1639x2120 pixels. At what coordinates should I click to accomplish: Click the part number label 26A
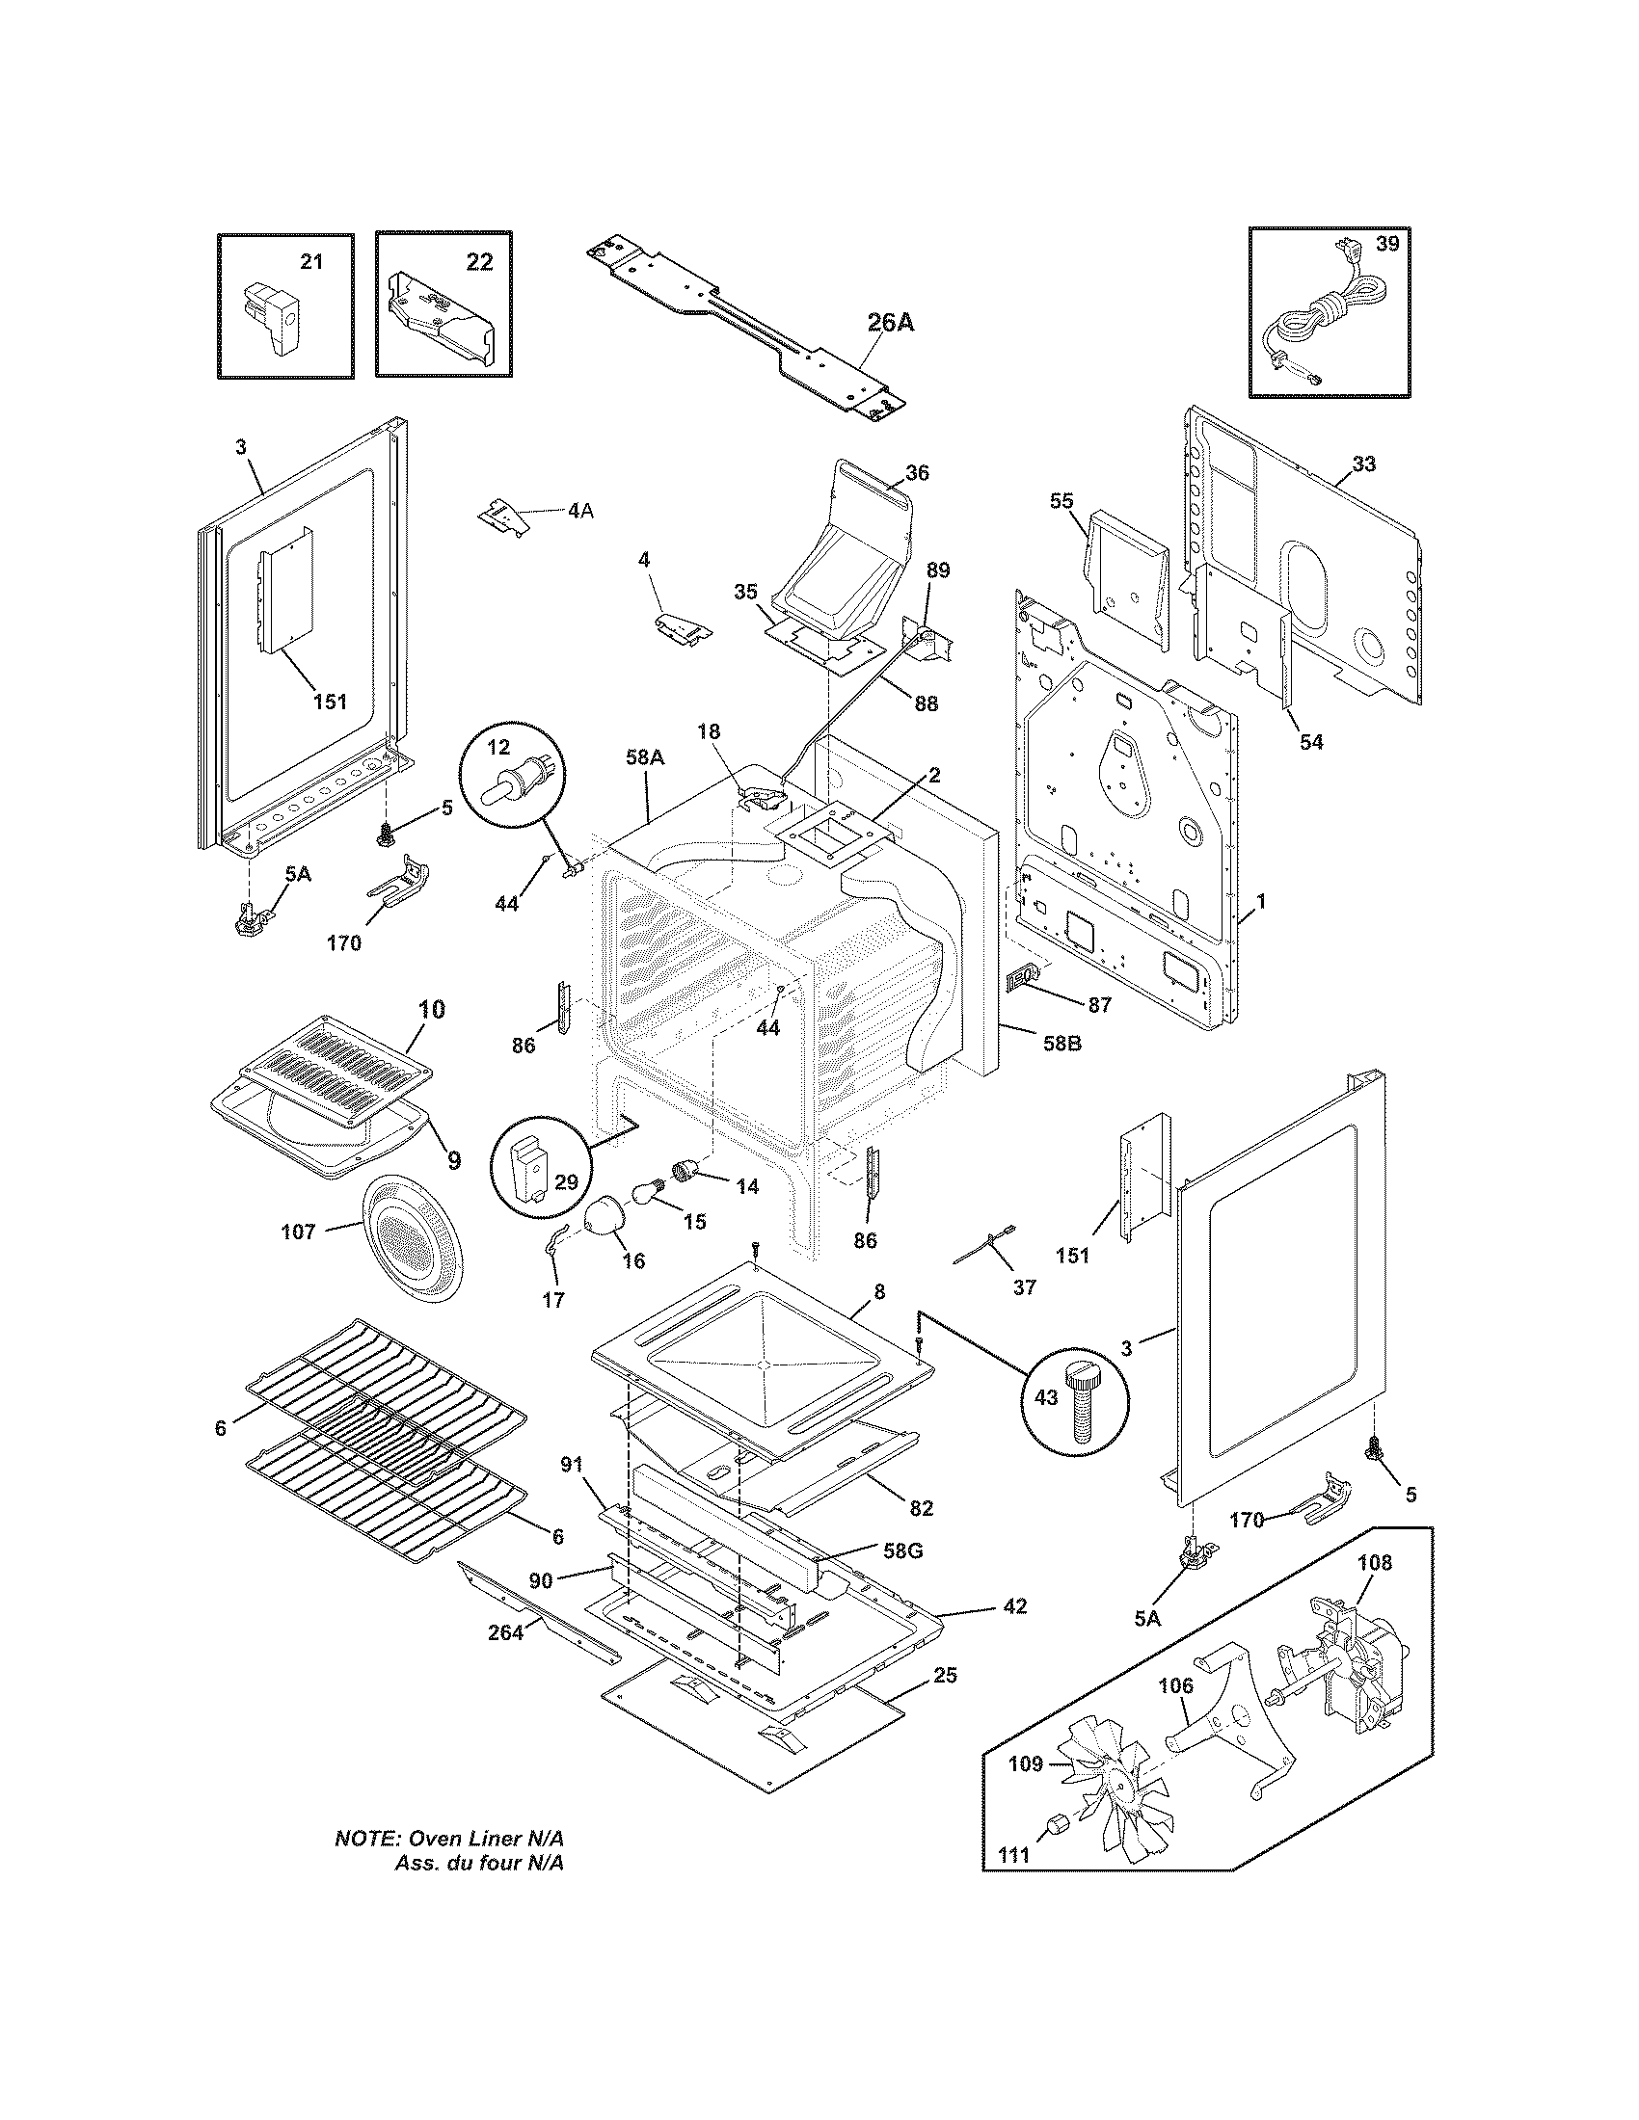[x=891, y=323]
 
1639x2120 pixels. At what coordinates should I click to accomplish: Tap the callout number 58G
[x=903, y=1551]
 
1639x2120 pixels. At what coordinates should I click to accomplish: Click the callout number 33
[x=1363, y=464]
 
